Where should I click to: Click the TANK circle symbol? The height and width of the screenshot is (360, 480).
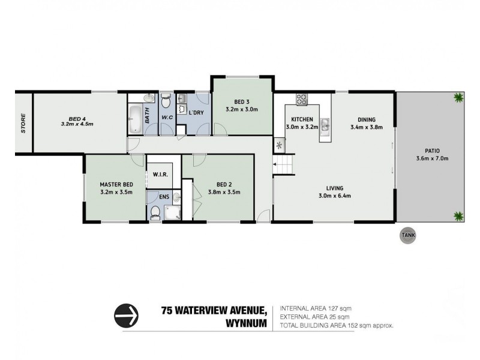[x=408, y=235]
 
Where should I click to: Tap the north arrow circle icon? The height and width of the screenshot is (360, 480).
[x=126, y=316]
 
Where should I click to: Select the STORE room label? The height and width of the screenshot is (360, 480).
[x=23, y=124]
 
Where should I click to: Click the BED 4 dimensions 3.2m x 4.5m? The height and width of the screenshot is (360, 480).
[x=77, y=124]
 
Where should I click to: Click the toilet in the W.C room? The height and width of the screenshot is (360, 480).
[x=166, y=101]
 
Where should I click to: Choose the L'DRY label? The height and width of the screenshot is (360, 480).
[x=196, y=113]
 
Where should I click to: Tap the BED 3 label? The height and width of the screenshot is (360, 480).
[x=242, y=102]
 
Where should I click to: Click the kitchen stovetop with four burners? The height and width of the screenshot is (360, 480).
[x=302, y=100]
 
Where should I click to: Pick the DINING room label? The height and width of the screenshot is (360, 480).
[x=367, y=119]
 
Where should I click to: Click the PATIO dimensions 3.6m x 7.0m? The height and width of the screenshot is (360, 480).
[x=432, y=158]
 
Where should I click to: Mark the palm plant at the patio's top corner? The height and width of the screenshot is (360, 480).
[x=458, y=98]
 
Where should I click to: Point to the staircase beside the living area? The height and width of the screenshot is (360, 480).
[x=283, y=164]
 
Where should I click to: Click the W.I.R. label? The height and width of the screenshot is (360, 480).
[x=160, y=175]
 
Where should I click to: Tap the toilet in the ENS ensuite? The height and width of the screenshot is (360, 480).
[x=155, y=212]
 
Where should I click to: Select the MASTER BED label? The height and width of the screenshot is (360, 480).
[x=116, y=185]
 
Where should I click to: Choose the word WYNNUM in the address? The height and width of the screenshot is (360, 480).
[x=247, y=323]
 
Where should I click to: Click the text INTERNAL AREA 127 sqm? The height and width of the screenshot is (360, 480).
[x=316, y=308]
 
